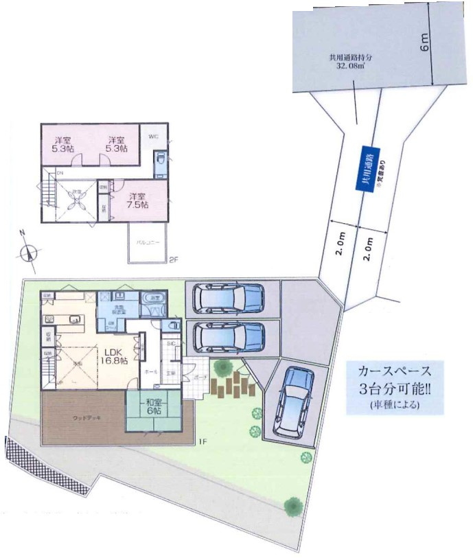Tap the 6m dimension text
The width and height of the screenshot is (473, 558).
pyautogui.click(x=426, y=43)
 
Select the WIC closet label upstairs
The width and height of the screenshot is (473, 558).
pyautogui.click(x=152, y=136)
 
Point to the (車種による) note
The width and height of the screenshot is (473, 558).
pyautogui.click(x=395, y=404)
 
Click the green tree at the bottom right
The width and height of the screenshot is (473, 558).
pyautogui.click(x=294, y=507)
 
